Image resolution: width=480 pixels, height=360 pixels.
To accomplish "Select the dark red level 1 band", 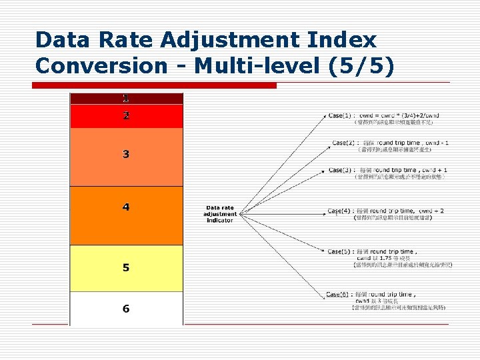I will (126, 98).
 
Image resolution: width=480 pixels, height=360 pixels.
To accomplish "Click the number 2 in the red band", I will (126, 115).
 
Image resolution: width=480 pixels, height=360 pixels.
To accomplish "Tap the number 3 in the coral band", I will (126, 155).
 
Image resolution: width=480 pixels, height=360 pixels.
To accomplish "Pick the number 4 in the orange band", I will (126, 207).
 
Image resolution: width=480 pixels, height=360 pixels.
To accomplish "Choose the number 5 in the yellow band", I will (126, 268).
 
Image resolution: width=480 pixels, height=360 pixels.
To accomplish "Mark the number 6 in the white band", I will (126, 309).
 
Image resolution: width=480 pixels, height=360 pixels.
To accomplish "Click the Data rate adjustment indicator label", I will (220, 213).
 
